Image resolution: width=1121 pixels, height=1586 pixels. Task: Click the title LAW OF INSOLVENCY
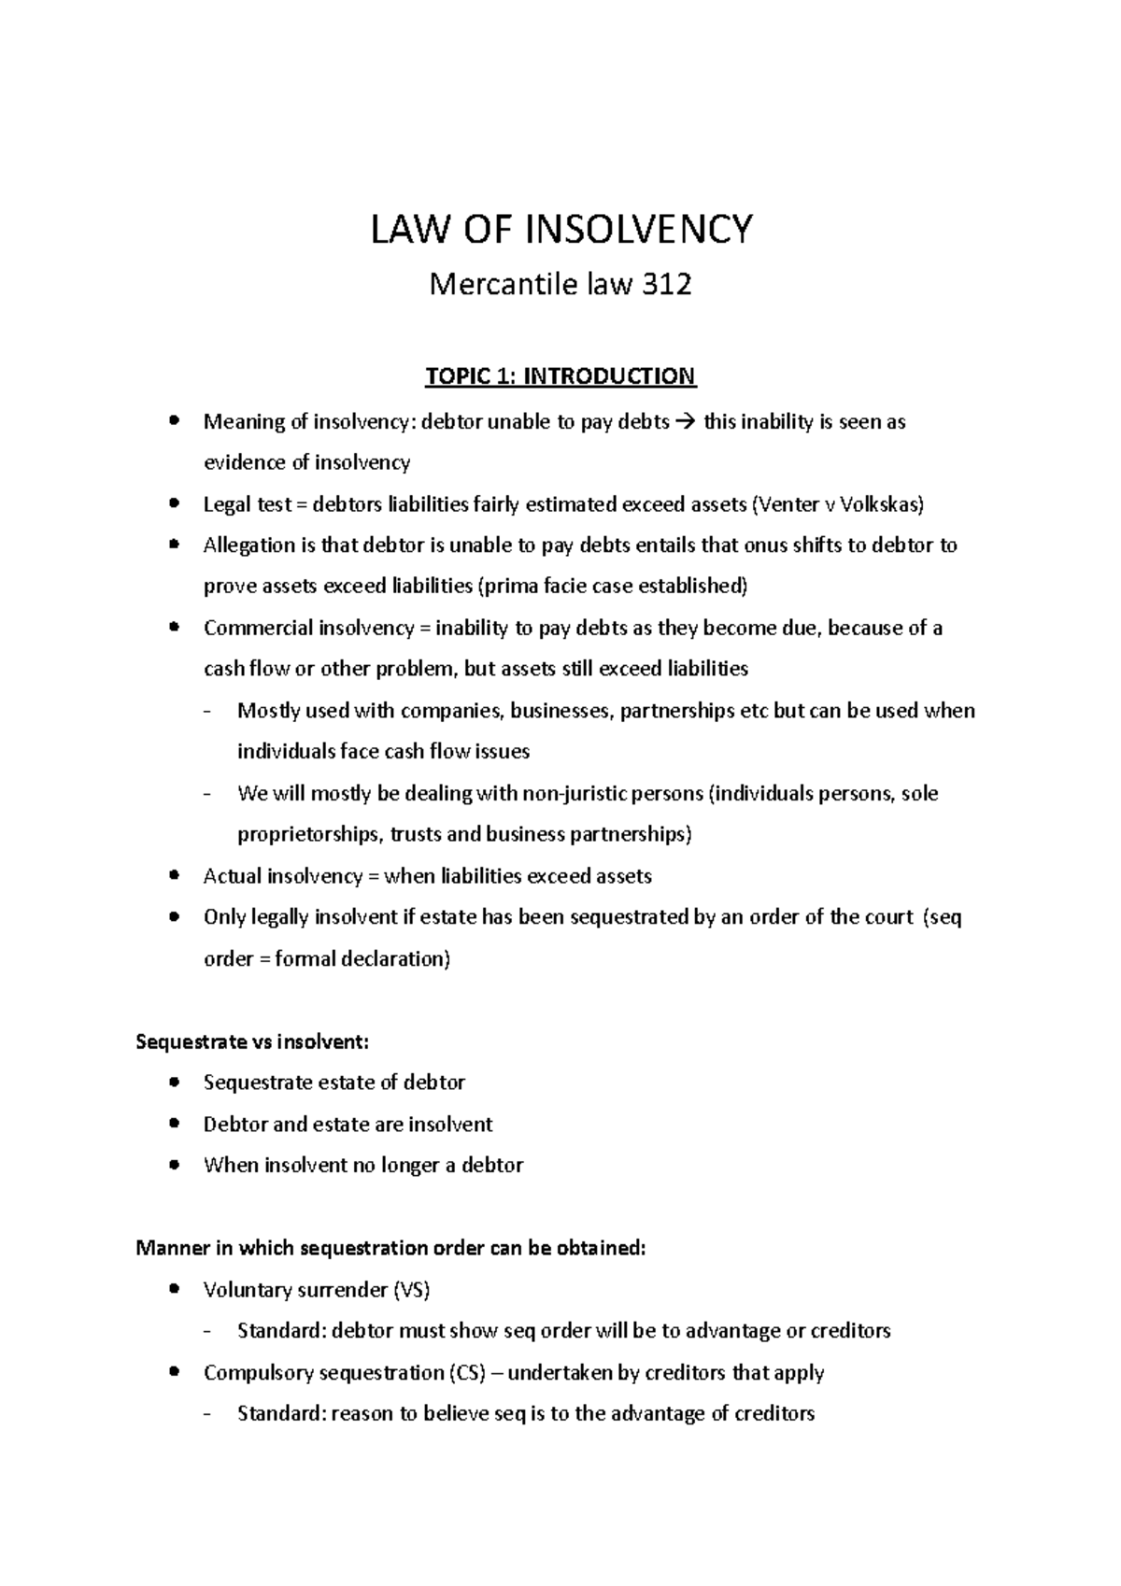560,230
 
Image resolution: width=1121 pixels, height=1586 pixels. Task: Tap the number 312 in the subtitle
666,285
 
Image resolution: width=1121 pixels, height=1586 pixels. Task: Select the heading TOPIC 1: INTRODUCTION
560,376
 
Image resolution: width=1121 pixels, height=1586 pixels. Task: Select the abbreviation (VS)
412,1290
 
